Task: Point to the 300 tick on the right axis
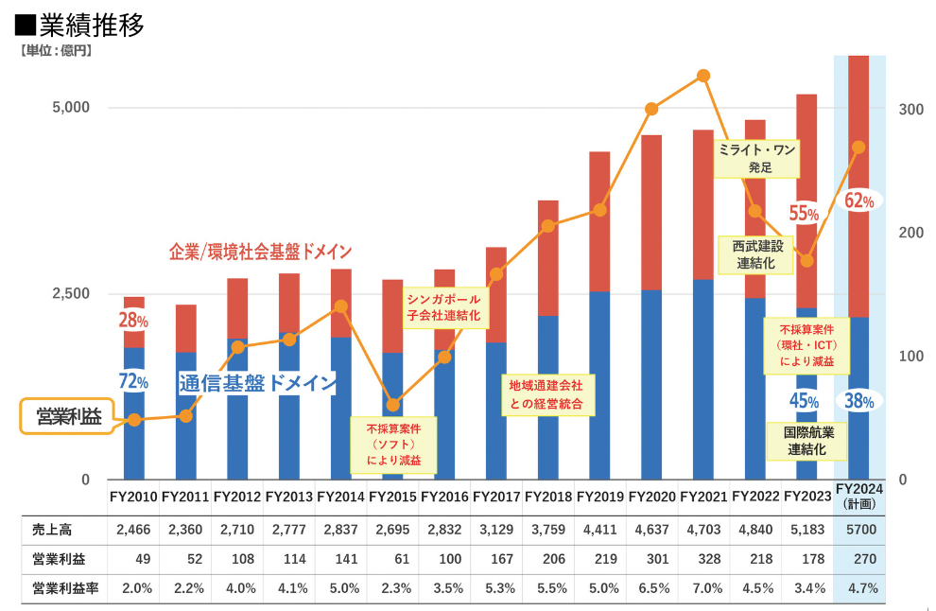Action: pos(910,110)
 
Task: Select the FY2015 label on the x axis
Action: pos(392,496)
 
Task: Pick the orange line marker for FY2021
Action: pos(702,76)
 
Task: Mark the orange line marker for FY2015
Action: pos(393,405)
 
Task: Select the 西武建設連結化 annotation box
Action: pos(755,254)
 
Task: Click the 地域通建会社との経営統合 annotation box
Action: pos(546,394)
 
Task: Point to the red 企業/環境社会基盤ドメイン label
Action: pos(260,252)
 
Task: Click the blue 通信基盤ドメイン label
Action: pos(257,383)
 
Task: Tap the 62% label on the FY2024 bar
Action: pos(859,201)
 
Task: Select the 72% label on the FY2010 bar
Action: pos(133,382)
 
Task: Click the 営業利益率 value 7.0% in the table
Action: pos(703,588)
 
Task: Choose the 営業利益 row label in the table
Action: pos(54,560)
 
